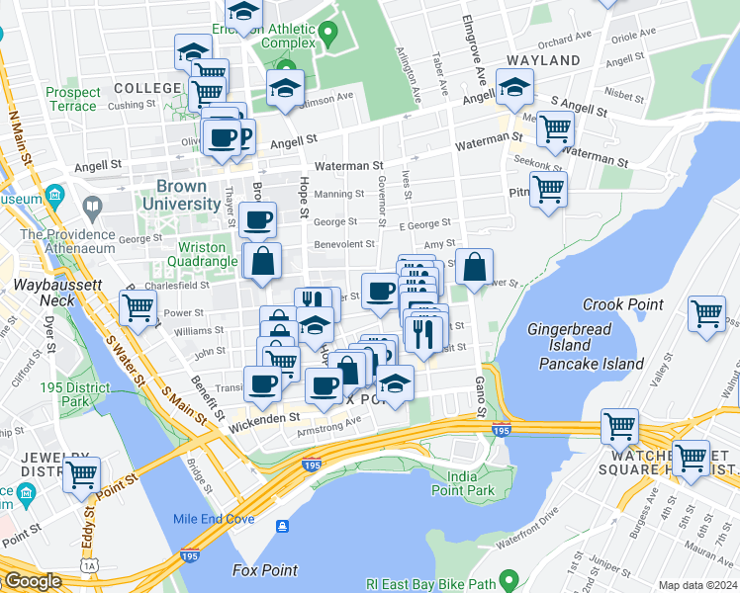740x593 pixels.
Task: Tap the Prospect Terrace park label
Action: click(72, 99)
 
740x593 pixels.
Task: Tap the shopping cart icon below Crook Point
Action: click(706, 313)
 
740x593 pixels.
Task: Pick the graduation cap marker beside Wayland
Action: click(514, 90)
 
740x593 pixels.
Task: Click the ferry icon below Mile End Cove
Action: click(283, 526)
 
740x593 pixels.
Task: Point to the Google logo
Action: click(33, 582)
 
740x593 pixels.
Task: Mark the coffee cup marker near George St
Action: click(258, 220)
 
